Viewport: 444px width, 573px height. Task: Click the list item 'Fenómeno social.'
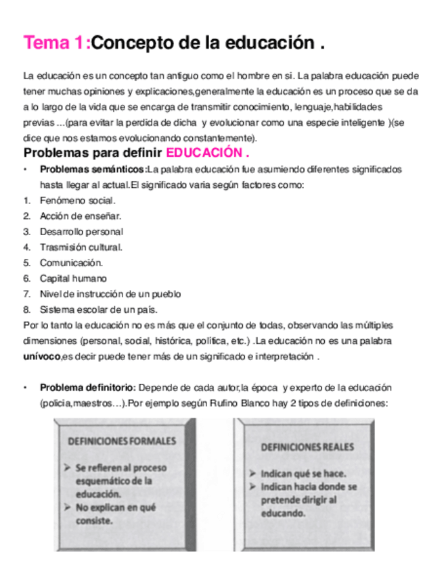point(77,201)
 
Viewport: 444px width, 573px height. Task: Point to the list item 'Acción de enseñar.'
point(80,216)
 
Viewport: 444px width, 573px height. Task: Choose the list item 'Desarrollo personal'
point(81,232)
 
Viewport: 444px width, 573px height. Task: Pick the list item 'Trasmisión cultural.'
point(81,247)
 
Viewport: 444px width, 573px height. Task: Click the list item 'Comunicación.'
point(71,263)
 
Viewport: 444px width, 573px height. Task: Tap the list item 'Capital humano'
point(73,278)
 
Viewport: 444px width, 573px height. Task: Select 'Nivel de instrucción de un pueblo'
point(110,294)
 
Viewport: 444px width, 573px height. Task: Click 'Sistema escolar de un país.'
point(98,309)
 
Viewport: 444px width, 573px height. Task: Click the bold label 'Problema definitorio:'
point(88,388)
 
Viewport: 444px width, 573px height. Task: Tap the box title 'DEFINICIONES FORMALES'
point(122,441)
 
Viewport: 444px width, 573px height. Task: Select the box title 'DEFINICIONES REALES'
point(307,447)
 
